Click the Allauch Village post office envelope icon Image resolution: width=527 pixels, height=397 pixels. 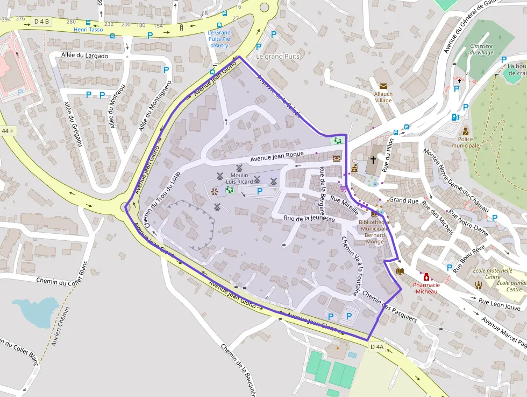pyautogui.click(x=383, y=86)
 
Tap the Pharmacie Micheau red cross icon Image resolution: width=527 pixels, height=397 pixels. pyautogui.click(x=426, y=276)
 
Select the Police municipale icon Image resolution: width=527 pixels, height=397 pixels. pyautogui.click(x=466, y=131)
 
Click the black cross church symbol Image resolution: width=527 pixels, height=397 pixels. pyautogui.click(x=373, y=160)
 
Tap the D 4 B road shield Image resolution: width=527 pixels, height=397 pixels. pyautogui.click(x=41, y=22)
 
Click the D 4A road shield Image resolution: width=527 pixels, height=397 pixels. pyautogui.click(x=377, y=347)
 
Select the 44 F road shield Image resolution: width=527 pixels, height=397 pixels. pyautogui.click(x=8, y=131)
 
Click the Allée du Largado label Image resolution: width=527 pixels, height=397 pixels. pyautogui.click(x=85, y=55)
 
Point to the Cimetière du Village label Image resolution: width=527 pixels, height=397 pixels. pyautogui.click(x=481, y=50)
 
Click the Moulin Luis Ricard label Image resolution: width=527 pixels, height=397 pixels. pyautogui.click(x=239, y=178)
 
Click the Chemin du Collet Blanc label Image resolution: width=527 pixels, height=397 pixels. pyautogui.click(x=61, y=281)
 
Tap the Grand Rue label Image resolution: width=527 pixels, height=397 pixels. pyautogui.click(x=403, y=200)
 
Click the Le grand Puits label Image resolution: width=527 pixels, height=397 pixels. pyautogui.click(x=277, y=56)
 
